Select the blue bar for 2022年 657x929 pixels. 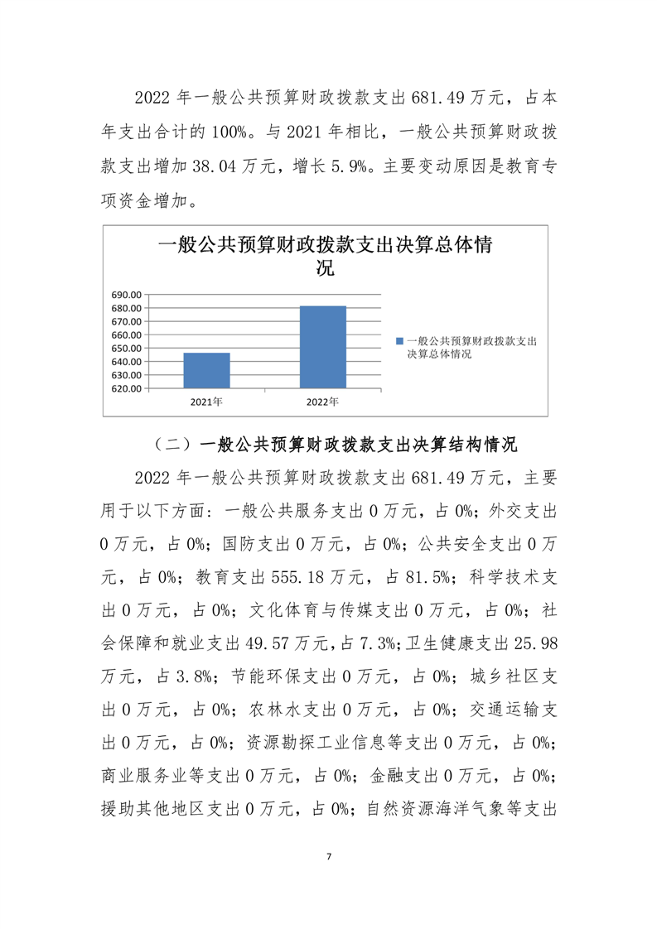(x=322, y=347)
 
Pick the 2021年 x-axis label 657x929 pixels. (x=206, y=402)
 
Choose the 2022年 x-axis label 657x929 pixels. (x=322, y=402)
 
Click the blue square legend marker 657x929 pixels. (x=399, y=341)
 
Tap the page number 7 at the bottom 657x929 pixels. (x=329, y=855)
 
